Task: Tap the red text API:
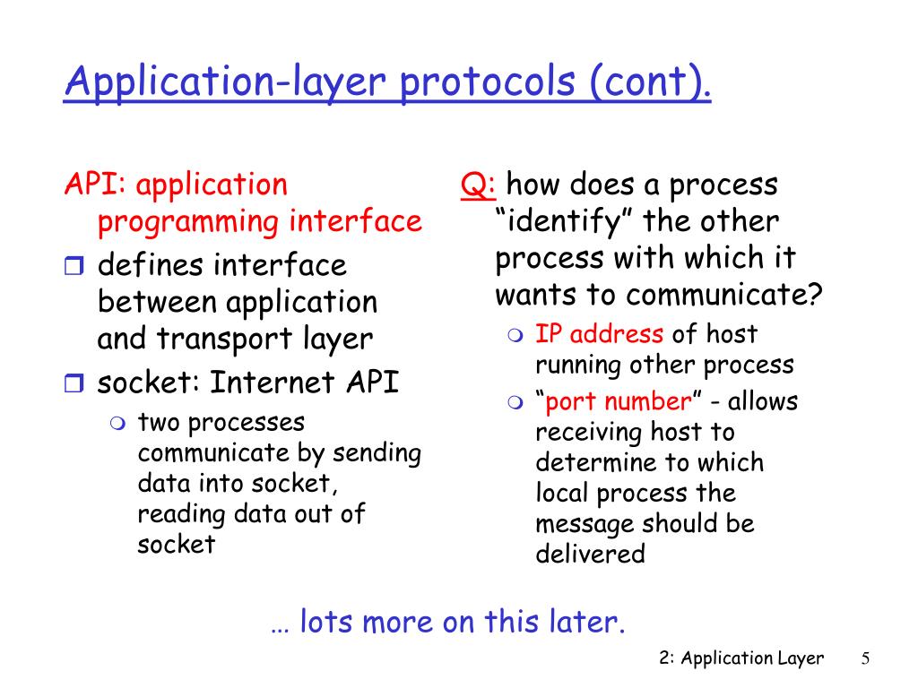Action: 95,184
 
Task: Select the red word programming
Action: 188,223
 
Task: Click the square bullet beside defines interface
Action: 74,265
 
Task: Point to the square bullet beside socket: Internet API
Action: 74,383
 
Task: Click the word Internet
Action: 273,382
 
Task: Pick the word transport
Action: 224,340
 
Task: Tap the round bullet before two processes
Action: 117,423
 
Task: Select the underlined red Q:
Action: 479,185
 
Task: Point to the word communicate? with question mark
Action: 724,294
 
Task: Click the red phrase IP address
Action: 599,333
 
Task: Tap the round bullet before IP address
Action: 515,335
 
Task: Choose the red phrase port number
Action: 619,401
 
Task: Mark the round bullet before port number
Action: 515,402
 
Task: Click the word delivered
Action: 590,554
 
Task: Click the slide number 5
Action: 865,658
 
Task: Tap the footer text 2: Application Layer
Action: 741,658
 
